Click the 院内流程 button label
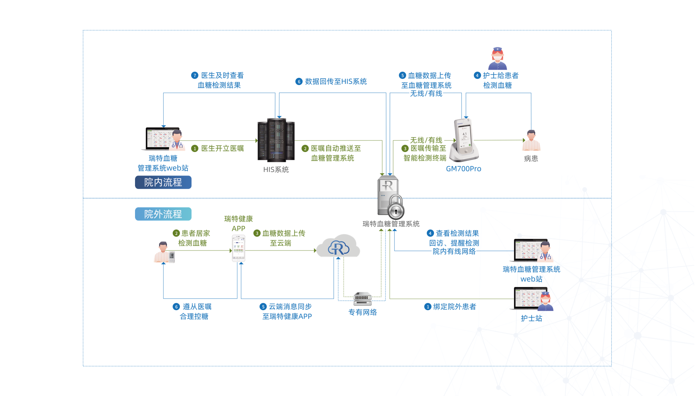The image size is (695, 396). [x=163, y=182]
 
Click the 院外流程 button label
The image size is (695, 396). [x=163, y=214]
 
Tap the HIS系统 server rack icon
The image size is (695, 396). [x=276, y=140]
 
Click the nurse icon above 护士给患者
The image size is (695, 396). [x=497, y=59]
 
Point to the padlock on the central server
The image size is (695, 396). [x=396, y=207]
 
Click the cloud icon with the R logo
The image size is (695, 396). [x=338, y=246]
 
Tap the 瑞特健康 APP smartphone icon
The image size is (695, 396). [x=238, y=248]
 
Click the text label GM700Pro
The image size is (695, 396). [x=463, y=169]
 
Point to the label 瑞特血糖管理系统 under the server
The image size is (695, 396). [x=391, y=224]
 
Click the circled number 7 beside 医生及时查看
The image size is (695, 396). [x=195, y=75]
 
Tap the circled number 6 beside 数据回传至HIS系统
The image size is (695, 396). [x=299, y=81]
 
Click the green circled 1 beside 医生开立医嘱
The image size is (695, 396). [x=195, y=148]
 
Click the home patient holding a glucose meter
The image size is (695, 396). [x=164, y=252]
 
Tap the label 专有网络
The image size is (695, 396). [x=362, y=312]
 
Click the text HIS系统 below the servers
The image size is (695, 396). [x=276, y=170]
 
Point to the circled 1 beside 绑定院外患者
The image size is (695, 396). [x=428, y=307]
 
